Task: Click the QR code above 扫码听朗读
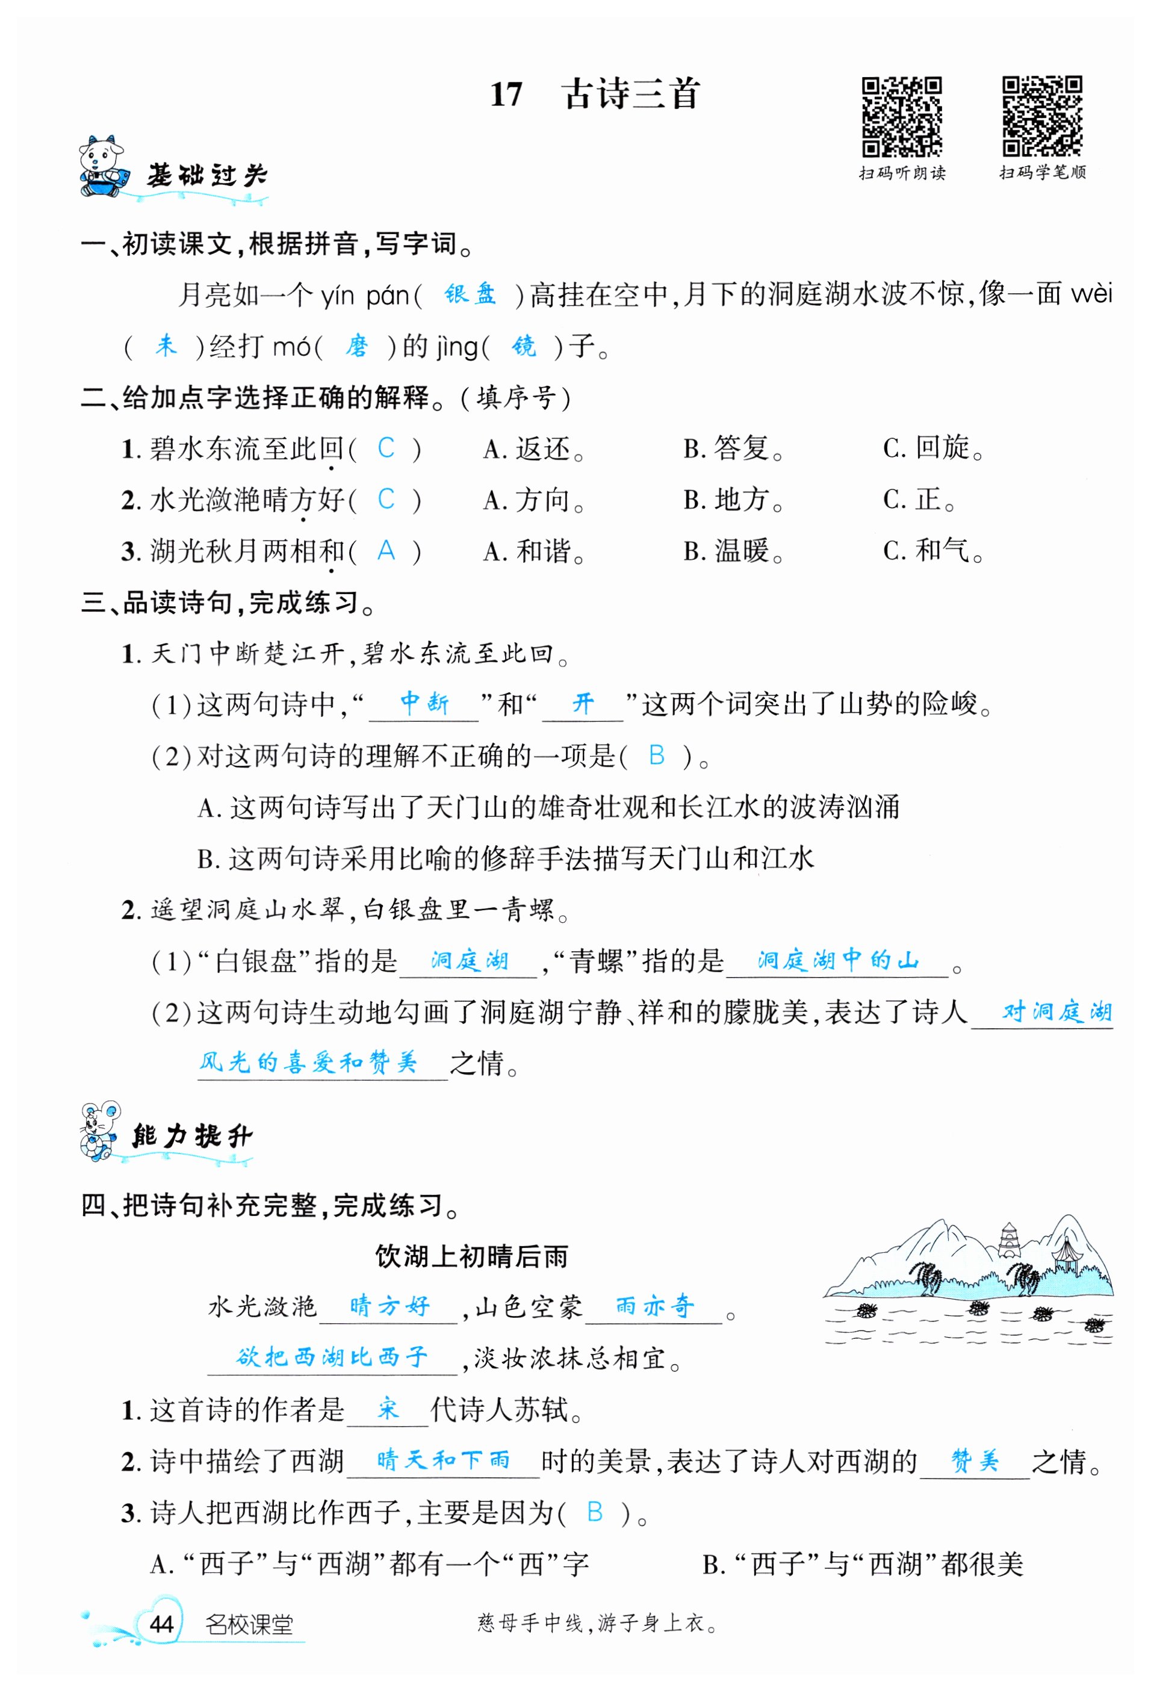901,116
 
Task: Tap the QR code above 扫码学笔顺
1041,116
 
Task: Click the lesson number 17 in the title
506,95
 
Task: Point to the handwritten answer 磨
356,346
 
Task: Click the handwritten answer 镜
524,346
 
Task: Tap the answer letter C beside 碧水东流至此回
386,448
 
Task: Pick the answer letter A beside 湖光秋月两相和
386,551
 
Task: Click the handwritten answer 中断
424,703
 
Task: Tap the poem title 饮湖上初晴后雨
471,1256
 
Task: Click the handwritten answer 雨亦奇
654,1306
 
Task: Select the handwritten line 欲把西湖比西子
332,1357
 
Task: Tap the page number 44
161,1624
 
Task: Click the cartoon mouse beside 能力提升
100,1132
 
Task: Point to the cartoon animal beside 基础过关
101,167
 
